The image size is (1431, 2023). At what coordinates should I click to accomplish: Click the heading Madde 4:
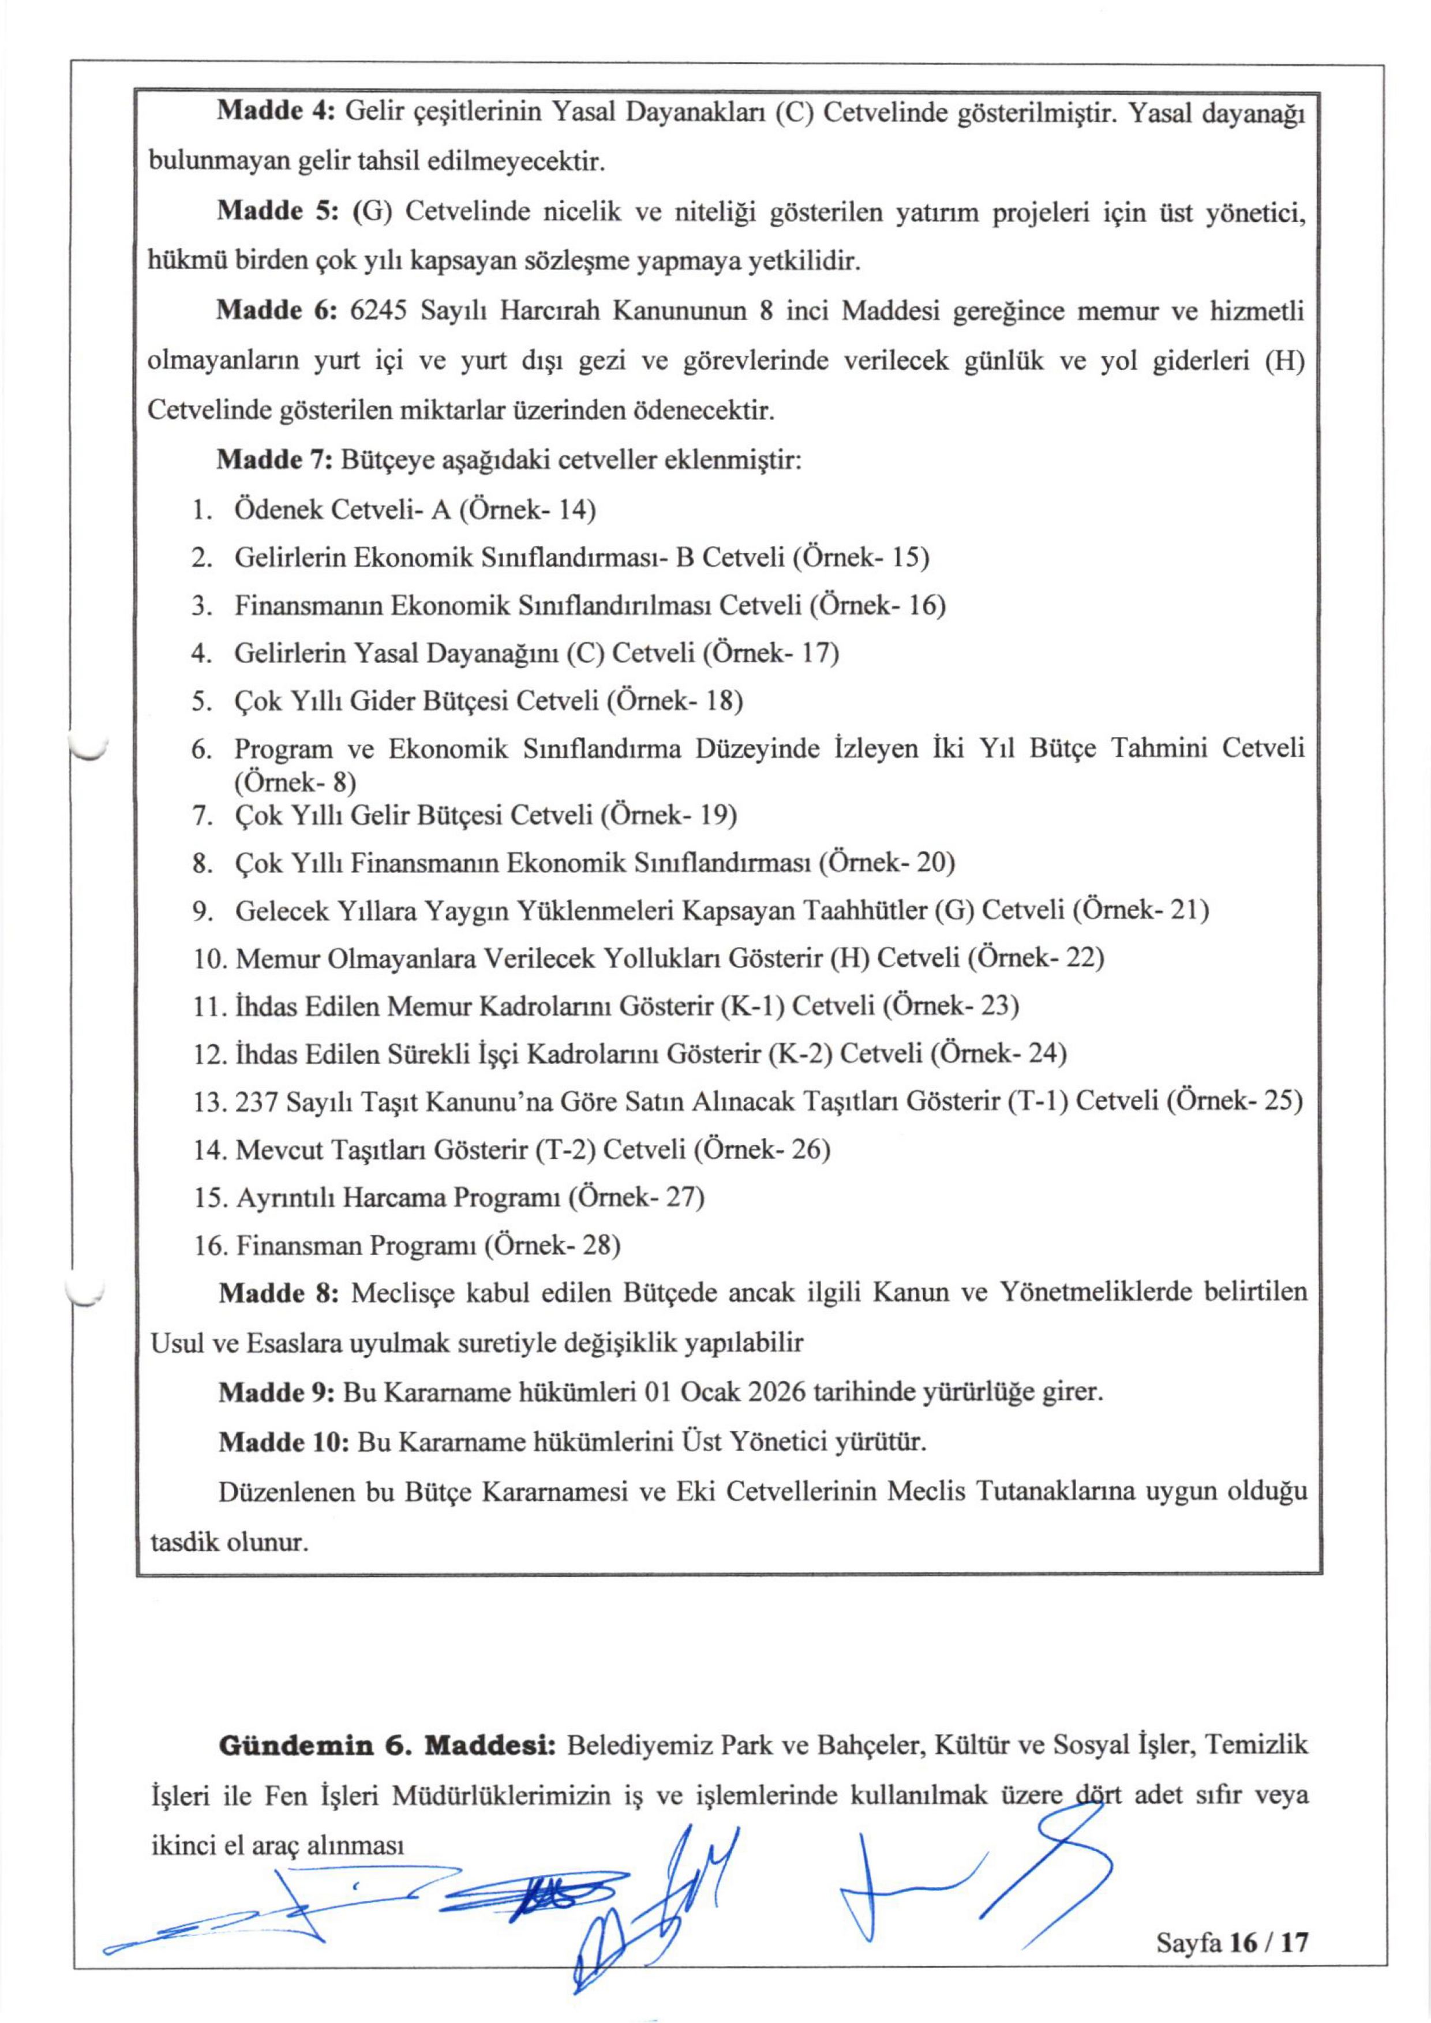(x=274, y=112)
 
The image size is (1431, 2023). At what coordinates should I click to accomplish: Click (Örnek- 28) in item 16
(x=557, y=1246)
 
